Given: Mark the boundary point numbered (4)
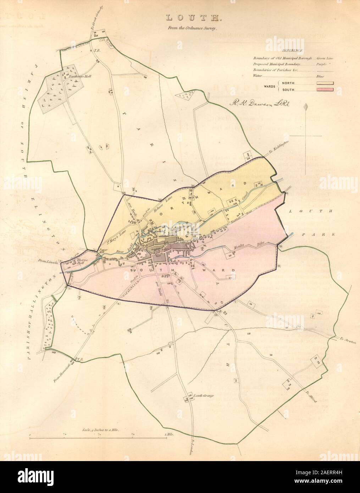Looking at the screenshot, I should pyautogui.click(x=119, y=303).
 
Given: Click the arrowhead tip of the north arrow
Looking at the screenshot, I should pyautogui.click(x=306, y=105).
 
